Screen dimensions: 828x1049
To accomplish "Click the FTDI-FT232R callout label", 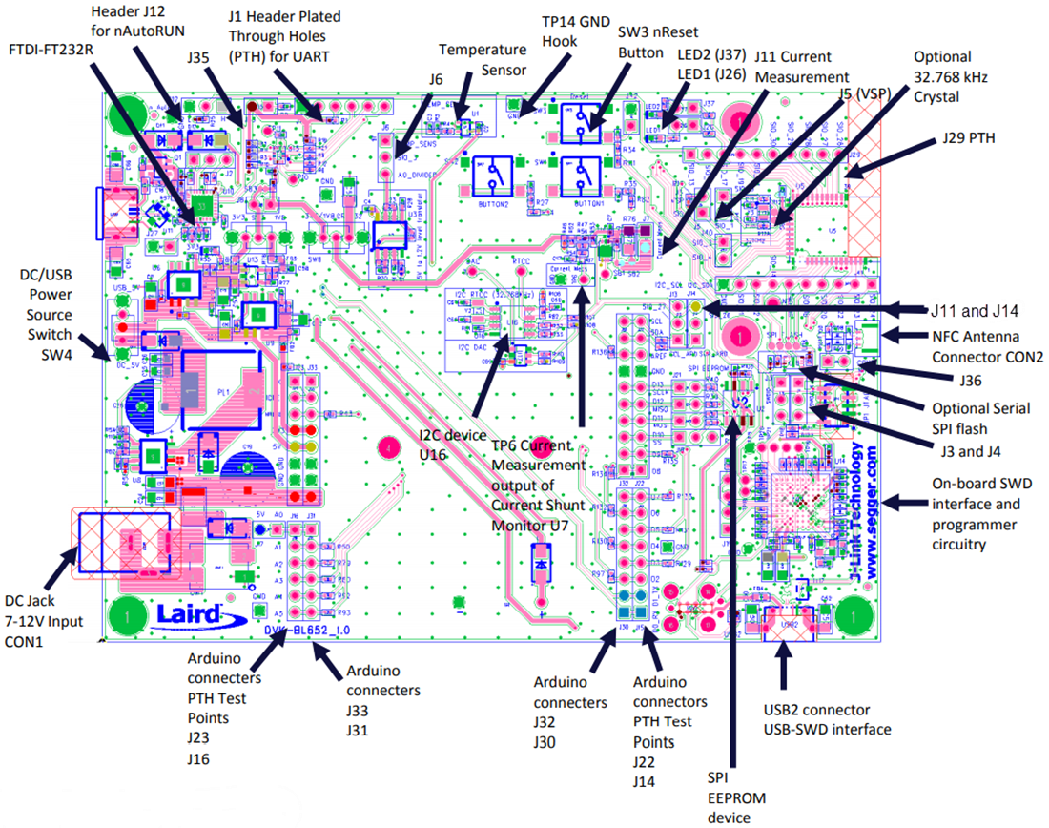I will click(x=58, y=48).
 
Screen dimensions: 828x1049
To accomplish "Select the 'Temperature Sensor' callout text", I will click(x=483, y=59).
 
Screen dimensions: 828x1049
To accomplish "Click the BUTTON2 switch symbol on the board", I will click(x=494, y=175).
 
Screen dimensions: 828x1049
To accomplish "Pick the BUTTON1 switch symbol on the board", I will click(x=582, y=175).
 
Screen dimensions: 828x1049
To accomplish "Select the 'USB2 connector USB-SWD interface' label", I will click(x=827, y=719).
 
